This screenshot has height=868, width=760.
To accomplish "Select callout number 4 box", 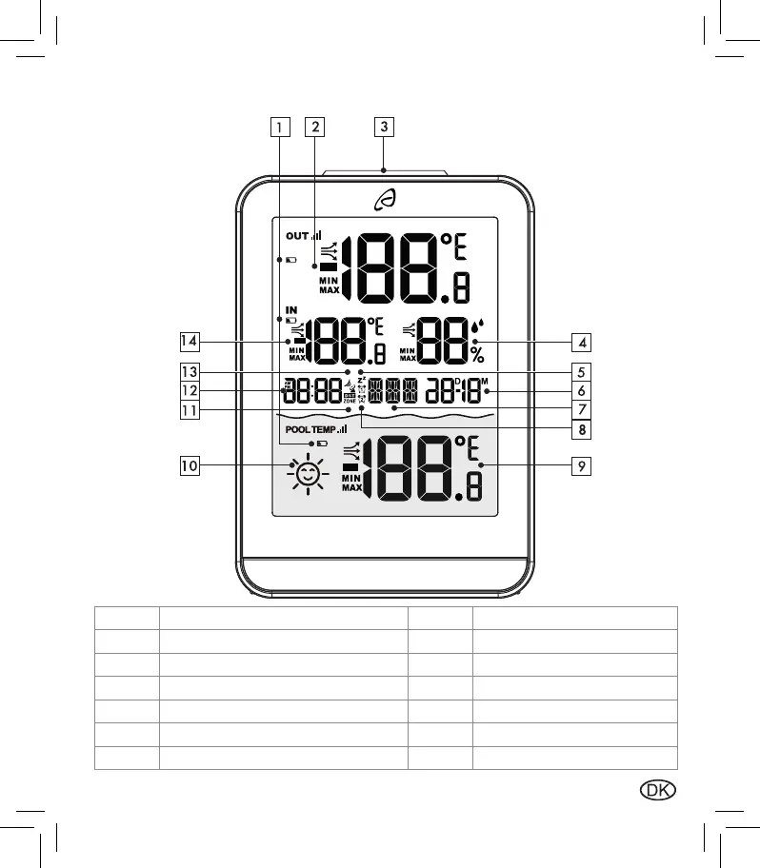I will point(581,340).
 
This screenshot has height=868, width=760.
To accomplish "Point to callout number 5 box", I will point(581,371).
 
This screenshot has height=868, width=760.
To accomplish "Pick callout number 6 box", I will point(581,390).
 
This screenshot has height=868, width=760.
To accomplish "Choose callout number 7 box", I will point(581,409).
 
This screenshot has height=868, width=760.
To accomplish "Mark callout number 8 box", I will point(581,429).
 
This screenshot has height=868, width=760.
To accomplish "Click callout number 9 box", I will point(581,465).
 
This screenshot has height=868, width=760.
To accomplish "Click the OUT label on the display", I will point(297,235).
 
